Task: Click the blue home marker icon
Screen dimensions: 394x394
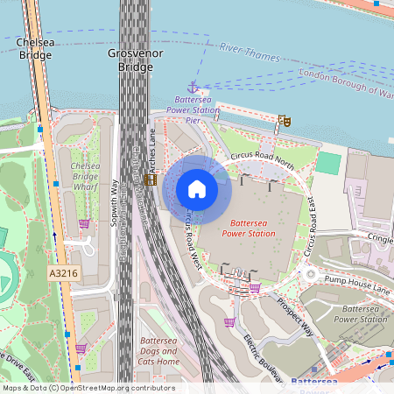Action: click(197, 188)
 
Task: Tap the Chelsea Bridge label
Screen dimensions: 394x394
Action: click(35, 48)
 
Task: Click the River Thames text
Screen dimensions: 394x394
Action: click(250, 53)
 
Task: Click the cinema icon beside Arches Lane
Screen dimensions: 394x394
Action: click(151, 179)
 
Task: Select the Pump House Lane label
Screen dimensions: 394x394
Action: click(356, 277)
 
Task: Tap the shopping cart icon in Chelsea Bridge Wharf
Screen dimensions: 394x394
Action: click(84, 224)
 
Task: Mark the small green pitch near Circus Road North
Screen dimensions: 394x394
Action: click(328, 163)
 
